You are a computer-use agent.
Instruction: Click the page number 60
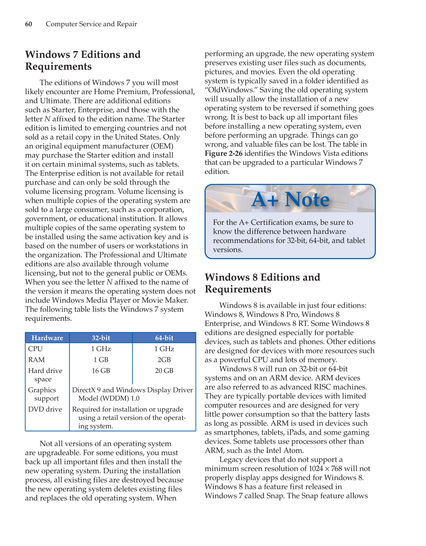pyautogui.click(x=28, y=24)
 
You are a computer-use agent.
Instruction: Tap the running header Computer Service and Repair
pyautogui.click(x=91, y=24)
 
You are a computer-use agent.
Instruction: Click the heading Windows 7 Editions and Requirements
pyautogui.click(x=83, y=61)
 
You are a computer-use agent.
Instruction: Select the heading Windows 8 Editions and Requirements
pyautogui.click(x=262, y=283)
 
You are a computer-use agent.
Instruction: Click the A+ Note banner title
pyautogui.click(x=290, y=199)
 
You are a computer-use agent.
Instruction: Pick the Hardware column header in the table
pyautogui.click(x=47, y=338)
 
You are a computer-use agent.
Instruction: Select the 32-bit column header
pyautogui.click(x=101, y=338)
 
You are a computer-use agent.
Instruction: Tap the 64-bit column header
pyautogui.click(x=164, y=338)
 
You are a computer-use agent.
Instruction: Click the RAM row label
pyautogui.click(x=36, y=360)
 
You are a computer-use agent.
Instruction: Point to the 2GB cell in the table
pyautogui.click(x=164, y=360)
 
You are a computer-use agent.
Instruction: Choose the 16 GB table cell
pyautogui.click(x=101, y=371)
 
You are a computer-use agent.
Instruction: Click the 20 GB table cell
pyautogui.click(x=164, y=371)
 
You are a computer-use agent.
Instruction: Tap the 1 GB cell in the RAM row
pyautogui.click(x=101, y=360)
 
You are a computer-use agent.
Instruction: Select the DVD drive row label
pyautogui.click(x=45, y=409)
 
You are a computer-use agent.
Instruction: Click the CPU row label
pyautogui.click(x=35, y=349)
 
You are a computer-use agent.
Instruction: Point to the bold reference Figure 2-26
pyautogui.click(x=223, y=153)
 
